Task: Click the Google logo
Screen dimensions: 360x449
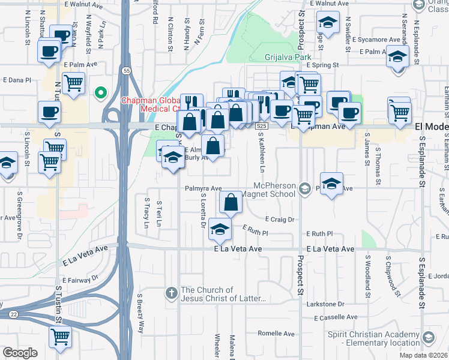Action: coord(20,353)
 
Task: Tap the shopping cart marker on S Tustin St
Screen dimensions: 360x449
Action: coord(59,338)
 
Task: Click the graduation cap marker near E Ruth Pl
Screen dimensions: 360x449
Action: coord(220,229)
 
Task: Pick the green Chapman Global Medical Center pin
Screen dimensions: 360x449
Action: coord(101,92)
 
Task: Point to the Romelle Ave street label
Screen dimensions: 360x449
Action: coord(276,333)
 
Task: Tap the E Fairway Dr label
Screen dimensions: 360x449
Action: coord(80,278)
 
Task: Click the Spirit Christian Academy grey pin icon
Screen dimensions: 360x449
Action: coord(427,337)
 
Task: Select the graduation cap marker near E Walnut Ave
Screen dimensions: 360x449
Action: coord(328,23)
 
